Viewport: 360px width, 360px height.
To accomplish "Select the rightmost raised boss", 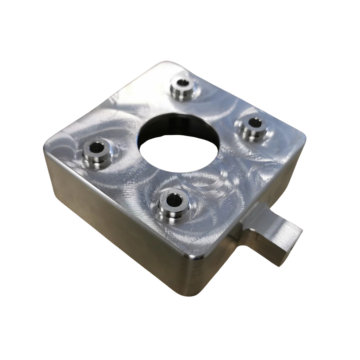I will [x=252, y=128].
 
